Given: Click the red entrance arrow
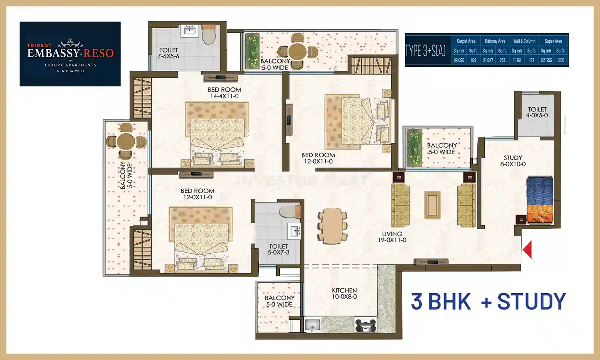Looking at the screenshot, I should pos(528,250).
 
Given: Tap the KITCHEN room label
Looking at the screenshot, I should pos(344,293).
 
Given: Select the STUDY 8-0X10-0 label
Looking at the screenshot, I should pos(513,161).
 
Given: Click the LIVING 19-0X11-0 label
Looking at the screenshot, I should pos(392,237).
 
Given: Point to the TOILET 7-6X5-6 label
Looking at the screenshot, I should pos(168,53).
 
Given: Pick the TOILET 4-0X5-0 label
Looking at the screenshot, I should pos(537,112).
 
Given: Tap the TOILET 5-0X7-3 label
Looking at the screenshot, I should pos(278,250).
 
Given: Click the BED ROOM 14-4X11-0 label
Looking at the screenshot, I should pos(224,93).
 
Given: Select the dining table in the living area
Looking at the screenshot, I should pos(332,226).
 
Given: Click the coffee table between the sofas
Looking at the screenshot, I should pos(432,205).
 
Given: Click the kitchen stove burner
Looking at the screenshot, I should pos(365,325).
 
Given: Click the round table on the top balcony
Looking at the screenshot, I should pos(298,51).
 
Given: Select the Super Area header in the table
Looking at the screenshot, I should pos(553,41).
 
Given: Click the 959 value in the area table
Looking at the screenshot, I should pos(473,60).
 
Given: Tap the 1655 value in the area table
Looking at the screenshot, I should pos(560,60).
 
